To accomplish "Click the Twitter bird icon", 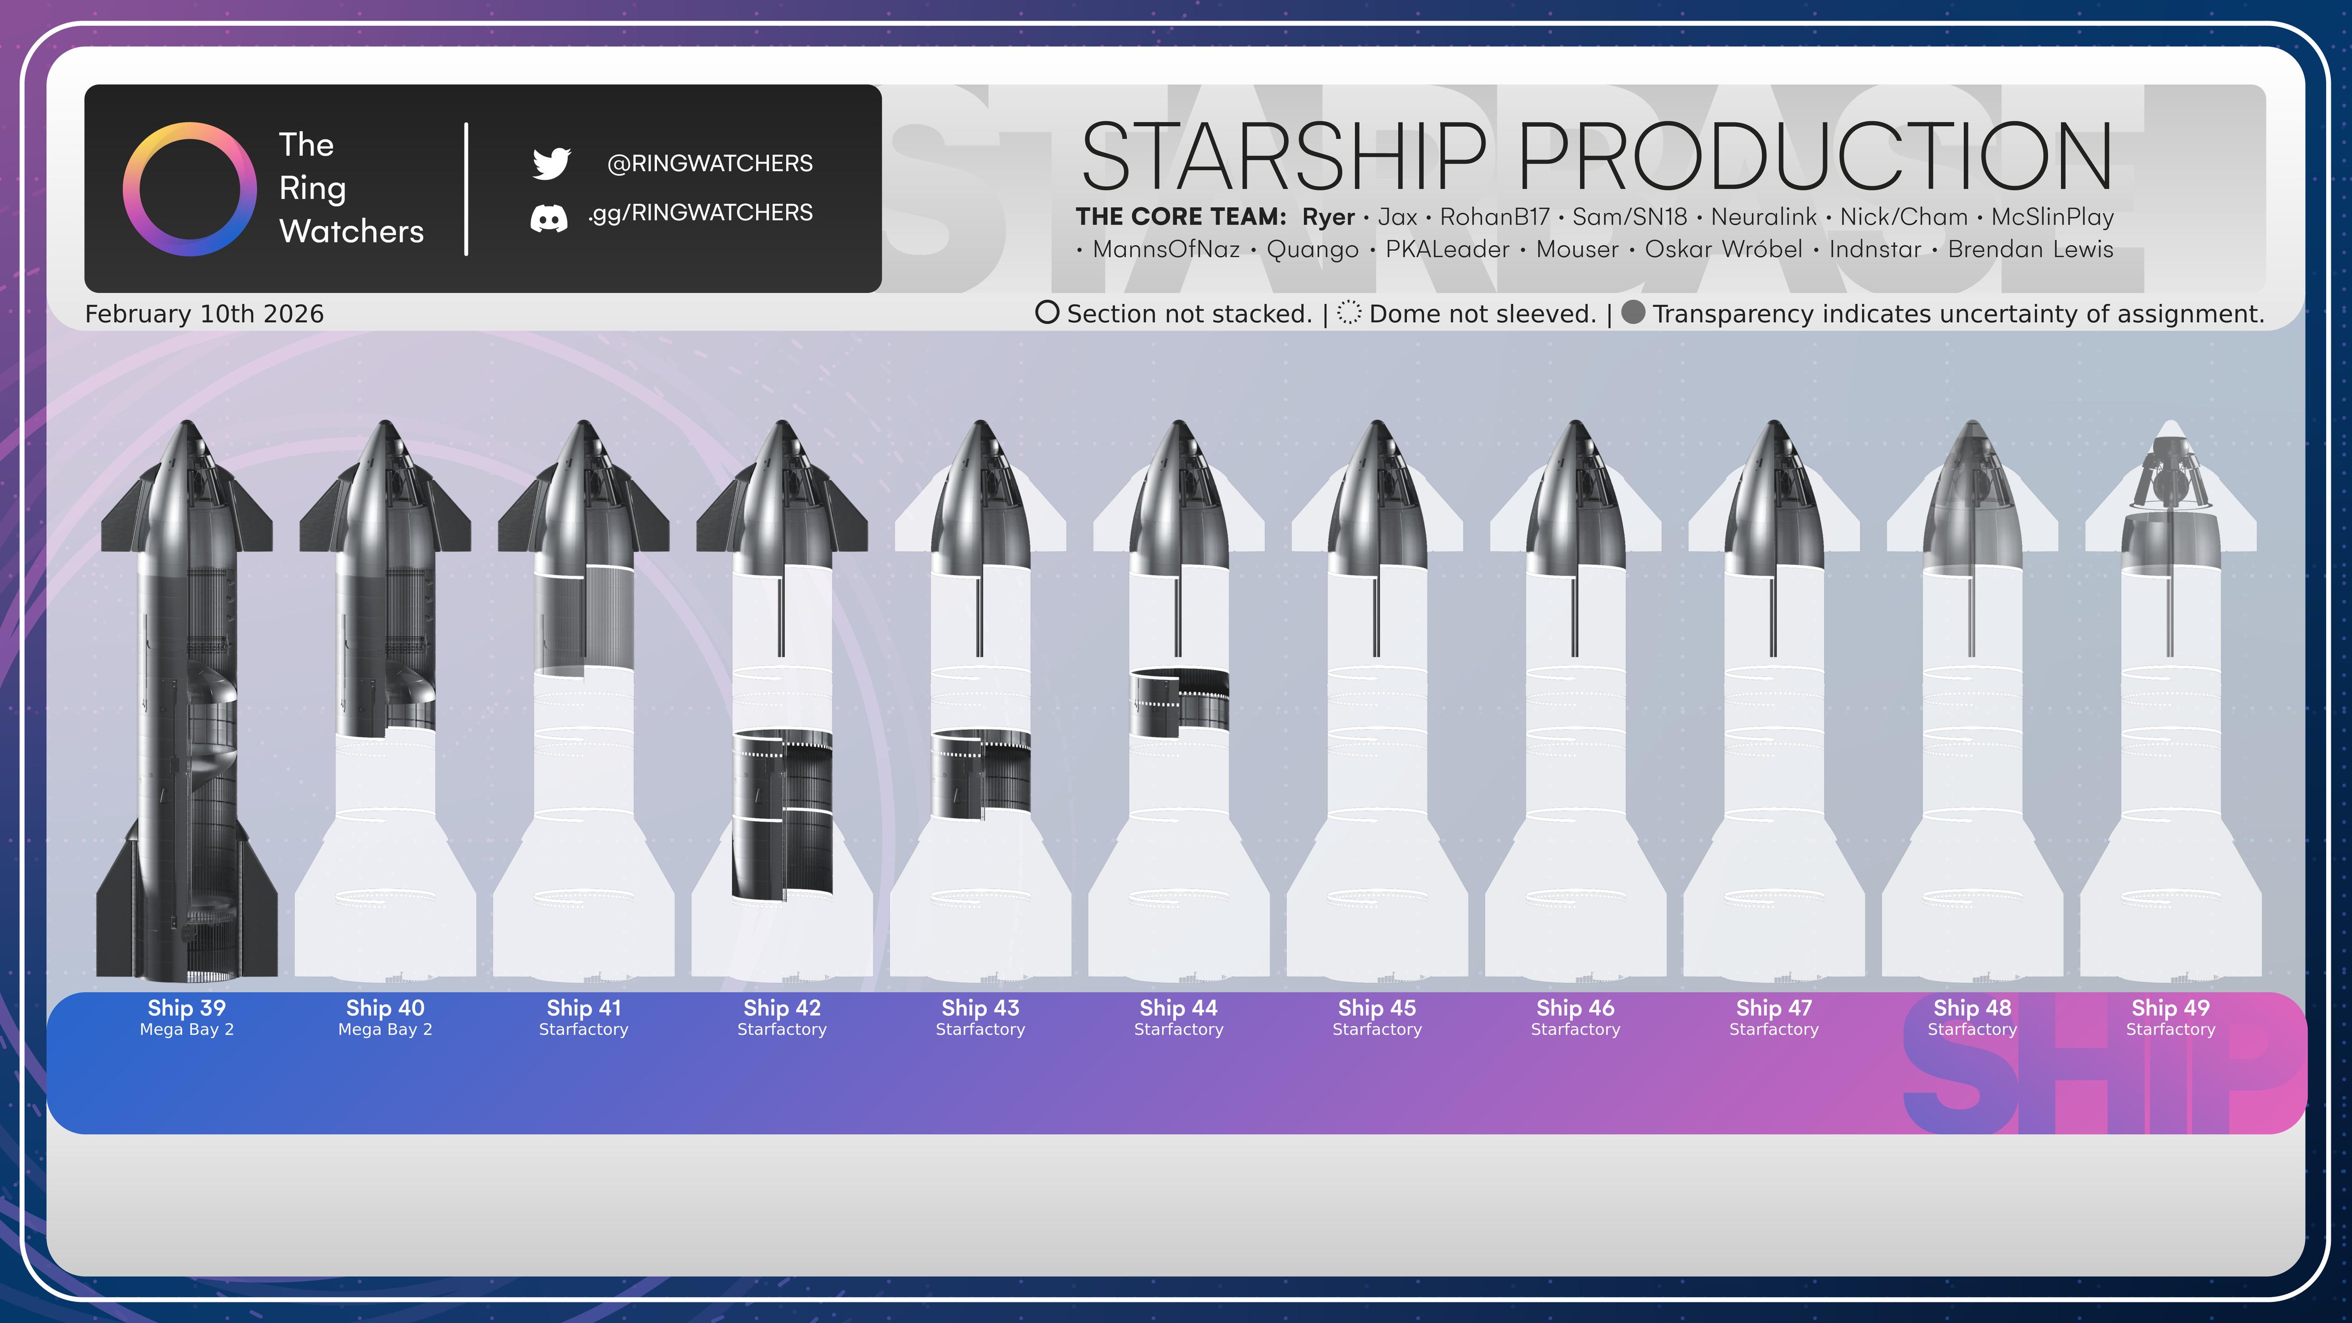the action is (551, 164).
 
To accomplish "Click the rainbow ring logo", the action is (189, 189).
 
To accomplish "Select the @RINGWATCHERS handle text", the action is (709, 164).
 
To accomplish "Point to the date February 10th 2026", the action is (204, 314).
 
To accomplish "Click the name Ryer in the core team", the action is (1329, 217).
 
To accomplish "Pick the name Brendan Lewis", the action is (2030, 249).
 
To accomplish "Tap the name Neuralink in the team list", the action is (1764, 217).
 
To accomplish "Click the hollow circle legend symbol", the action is (1047, 313).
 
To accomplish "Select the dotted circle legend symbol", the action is (1349, 313).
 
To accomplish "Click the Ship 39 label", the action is (187, 1008).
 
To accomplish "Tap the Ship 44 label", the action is (1179, 1008).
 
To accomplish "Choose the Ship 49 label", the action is (2171, 1008).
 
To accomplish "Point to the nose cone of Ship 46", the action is (1575, 498).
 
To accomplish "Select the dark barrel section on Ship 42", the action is (782, 814).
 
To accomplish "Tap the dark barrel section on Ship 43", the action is (981, 772).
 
